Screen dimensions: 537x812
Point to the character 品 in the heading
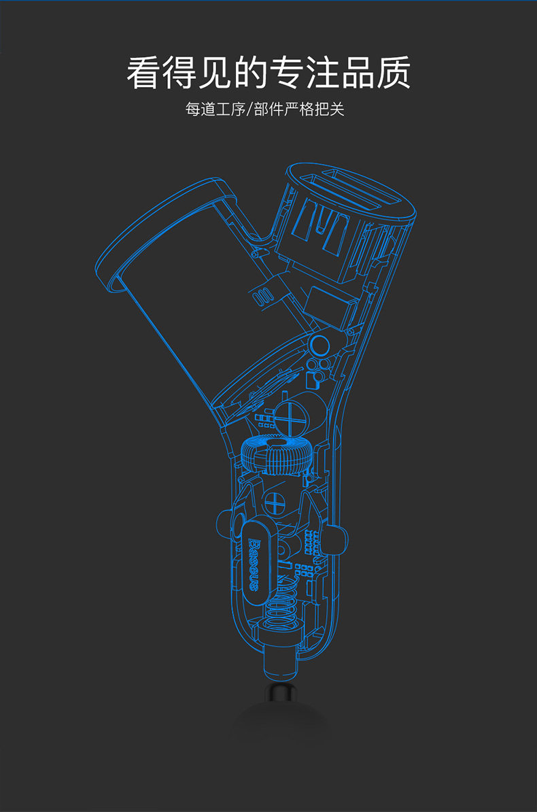[358, 73]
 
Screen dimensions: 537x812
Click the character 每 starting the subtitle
[192, 109]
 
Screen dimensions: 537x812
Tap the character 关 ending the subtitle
[337, 109]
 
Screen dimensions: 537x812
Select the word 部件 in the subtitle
[268, 109]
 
